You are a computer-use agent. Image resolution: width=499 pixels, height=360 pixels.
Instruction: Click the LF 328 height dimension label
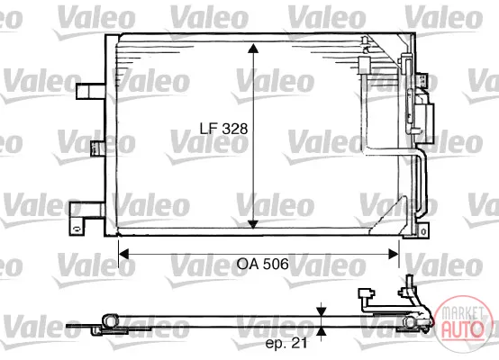[x=223, y=129]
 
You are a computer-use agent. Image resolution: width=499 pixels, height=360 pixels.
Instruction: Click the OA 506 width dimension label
[x=263, y=264]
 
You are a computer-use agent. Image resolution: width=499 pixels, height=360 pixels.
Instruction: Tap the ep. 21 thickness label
[x=286, y=343]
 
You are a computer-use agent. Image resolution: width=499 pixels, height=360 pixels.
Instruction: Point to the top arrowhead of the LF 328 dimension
[x=253, y=49]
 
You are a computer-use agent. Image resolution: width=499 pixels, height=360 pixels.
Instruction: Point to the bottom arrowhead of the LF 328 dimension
[x=253, y=224]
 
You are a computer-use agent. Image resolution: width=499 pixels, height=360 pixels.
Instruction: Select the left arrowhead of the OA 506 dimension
[x=123, y=254]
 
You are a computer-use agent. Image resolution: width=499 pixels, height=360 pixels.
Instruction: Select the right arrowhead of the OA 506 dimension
[x=394, y=254]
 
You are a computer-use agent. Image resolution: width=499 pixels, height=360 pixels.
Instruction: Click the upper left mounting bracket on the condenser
[x=91, y=92]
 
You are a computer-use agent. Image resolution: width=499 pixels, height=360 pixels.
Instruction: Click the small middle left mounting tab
[x=97, y=148]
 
